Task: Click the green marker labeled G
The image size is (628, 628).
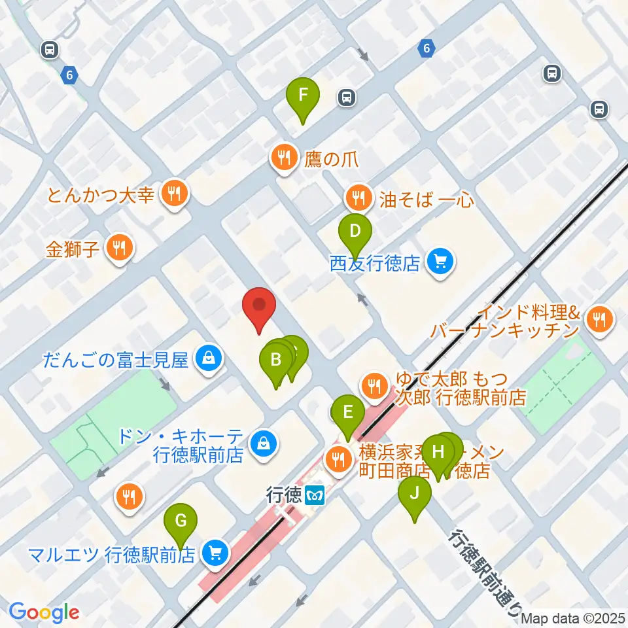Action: (183, 522)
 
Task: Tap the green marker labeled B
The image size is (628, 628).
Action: (275, 360)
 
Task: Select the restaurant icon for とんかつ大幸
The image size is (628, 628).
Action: (173, 194)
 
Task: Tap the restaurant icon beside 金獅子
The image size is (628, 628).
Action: (118, 249)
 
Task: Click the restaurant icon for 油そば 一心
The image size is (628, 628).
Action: (357, 196)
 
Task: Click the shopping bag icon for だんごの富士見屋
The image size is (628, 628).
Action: (207, 359)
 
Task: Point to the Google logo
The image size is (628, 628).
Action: (44, 612)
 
